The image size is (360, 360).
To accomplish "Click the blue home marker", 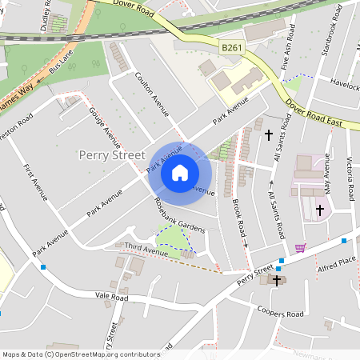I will click(180, 173).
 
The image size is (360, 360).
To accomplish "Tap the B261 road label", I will click(232, 48).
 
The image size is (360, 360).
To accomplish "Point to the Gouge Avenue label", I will click(103, 124).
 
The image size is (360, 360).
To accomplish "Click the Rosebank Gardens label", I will click(180, 216).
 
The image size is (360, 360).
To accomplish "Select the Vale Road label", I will click(112, 296).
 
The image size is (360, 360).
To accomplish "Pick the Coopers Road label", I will click(281, 312).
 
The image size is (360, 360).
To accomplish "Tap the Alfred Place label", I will click(335, 262).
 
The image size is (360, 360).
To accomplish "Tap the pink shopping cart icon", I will click(301, 247).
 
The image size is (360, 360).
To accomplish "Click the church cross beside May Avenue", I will click(320, 210).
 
